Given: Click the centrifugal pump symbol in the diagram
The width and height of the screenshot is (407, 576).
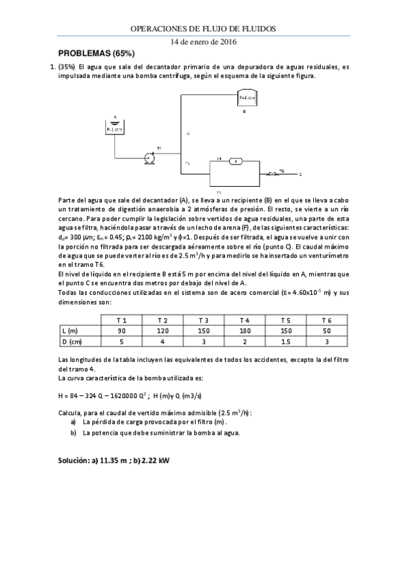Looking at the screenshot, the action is click(149, 158).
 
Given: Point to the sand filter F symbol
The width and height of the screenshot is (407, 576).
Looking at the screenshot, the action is click(235, 161).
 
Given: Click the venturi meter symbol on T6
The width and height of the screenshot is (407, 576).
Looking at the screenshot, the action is click(275, 175).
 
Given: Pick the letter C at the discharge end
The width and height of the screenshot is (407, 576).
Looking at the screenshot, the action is click(300, 175).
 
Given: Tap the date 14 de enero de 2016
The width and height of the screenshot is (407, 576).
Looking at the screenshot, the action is click(203, 41).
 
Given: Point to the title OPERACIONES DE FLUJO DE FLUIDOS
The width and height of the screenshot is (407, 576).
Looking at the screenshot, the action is click(203, 29).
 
